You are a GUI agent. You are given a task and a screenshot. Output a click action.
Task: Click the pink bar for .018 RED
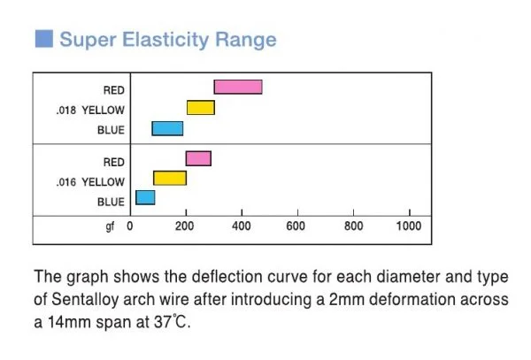(x=238, y=87)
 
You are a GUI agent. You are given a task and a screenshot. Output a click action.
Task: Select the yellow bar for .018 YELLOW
(x=201, y=108)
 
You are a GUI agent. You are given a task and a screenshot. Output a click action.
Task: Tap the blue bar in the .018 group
(x=167, y=128)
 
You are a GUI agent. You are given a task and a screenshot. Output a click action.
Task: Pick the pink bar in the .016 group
(x=198, y=158)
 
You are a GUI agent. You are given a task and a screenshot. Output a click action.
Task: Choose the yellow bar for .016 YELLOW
(x=170, y=179)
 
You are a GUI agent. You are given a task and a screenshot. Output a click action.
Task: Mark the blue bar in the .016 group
(x=145, y=197)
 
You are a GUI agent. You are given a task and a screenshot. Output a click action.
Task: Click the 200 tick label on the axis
(x=184, y=226)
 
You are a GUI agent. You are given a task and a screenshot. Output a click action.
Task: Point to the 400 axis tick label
(x=240, y=226)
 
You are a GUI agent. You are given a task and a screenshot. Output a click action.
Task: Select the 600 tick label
(x=296, y=226)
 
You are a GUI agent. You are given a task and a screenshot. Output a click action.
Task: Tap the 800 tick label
(x=352, y=226)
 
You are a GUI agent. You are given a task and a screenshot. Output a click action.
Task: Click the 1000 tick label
(x=408, y=226)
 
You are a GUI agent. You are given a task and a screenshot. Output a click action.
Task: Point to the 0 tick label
(x=129, y=226)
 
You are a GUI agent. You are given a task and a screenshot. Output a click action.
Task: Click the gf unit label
(x=111, y=226)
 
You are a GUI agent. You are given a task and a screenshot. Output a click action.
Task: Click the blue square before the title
(x=43, y=40)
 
